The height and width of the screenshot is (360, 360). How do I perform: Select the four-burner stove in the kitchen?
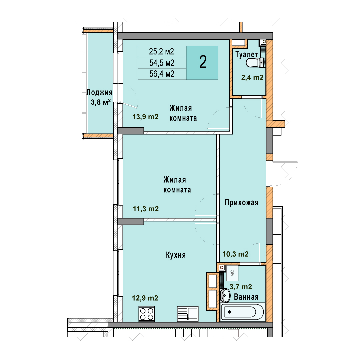pyautogui.click(x=147, y=314)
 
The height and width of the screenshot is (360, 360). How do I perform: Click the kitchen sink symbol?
pyautogui.click(x=188, y=314)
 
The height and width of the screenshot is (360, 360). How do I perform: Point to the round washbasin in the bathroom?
pyautogui.click(x=225, y=295)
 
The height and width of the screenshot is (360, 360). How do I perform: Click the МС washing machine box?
pyautogui.click(x=232, y=273)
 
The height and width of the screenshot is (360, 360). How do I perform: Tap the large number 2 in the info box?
pyautogui.click(x=203, y=62)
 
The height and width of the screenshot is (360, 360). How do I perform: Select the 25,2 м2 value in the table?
pyautogui.click(x=161, y=51)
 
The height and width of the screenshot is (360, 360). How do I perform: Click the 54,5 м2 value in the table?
pyautogui.click(x=162, y=63)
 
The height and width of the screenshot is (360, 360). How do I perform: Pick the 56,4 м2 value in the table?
pyautogui.click(x=162, y=74)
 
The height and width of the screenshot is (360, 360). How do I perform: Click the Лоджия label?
pyautogui.click(x=99, y=92)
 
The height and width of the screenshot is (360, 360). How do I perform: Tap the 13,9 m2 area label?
pyautogui.click(x=145, y=117)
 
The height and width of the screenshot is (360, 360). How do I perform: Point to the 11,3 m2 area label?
pyautogui.click(x=146, y=209)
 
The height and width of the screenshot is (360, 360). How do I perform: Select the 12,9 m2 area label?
pyautogui.click(x=145, y=298)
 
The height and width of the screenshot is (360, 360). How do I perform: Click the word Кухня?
pyautogui.click(x=176, y=255)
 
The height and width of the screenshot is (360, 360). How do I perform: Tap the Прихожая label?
pyautogui.click(x=242, y=203)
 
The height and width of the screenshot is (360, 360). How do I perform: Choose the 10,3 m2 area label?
pyautogui.click(x=236, y=254)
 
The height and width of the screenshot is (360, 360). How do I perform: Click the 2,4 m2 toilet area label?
pyautogui.click(x=252, y=78)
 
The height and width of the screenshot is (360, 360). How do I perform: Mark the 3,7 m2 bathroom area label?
pyautogui.click(x=241, y=287)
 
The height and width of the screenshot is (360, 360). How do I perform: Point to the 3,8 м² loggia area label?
pyautogui.click(x=101, y=102)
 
